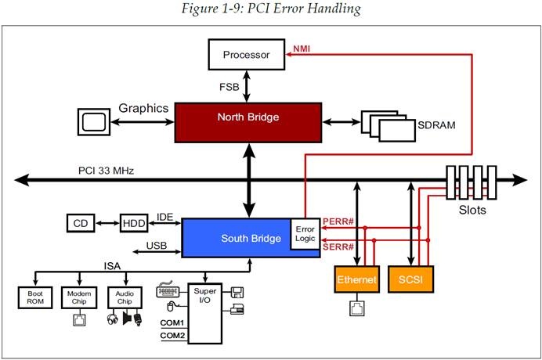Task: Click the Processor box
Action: tap(247, 55)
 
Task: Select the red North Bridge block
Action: tap(248, 118)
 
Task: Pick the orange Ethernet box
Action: tap(357, 279)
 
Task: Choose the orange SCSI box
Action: tap(410, 279)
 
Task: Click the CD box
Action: tap(80, 223)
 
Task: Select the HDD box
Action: tap(133, 223)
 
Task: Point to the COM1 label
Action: tap(172, 322)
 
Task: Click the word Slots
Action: tap(472, 210)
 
